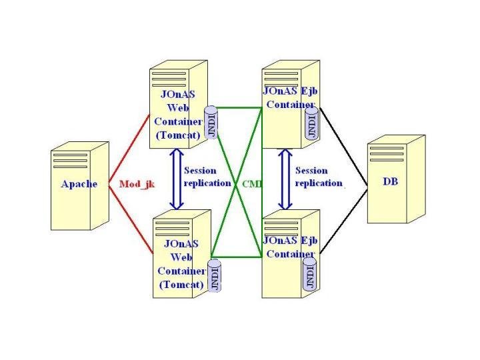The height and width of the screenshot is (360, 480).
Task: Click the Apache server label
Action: [x=79, y=184]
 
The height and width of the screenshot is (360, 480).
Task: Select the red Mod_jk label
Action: [x=137, y=184]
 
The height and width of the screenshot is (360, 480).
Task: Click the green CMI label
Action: [x=251, y=183]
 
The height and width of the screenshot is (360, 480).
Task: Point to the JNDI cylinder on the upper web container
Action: [x=212, y=123]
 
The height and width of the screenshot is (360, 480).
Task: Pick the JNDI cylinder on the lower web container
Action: [x=215, y=275]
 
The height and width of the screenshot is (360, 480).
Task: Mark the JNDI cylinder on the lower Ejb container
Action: [x=310, y=273]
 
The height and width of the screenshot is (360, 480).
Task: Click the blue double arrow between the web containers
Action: [x=177, y=178]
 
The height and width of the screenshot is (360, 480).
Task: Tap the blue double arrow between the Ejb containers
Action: [x=285, y=178]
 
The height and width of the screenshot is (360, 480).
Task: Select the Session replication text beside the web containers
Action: [x=207, y=177]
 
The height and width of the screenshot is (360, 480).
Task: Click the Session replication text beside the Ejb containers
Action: [x=319, y=177]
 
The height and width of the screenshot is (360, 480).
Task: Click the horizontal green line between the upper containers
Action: [x=240, y=107]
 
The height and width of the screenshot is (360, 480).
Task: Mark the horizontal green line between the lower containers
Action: [x=237, y=255]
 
